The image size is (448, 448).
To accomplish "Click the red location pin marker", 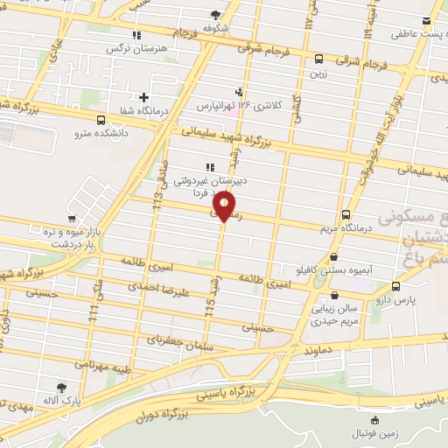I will tap(225, 206).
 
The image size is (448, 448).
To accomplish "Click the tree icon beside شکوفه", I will tap(216, 14).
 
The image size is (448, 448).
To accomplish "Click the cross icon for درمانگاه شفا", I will tap(143, 96).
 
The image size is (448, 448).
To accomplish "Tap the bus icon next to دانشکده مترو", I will tap(101, 120).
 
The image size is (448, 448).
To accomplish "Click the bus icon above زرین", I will tap(318, 59).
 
